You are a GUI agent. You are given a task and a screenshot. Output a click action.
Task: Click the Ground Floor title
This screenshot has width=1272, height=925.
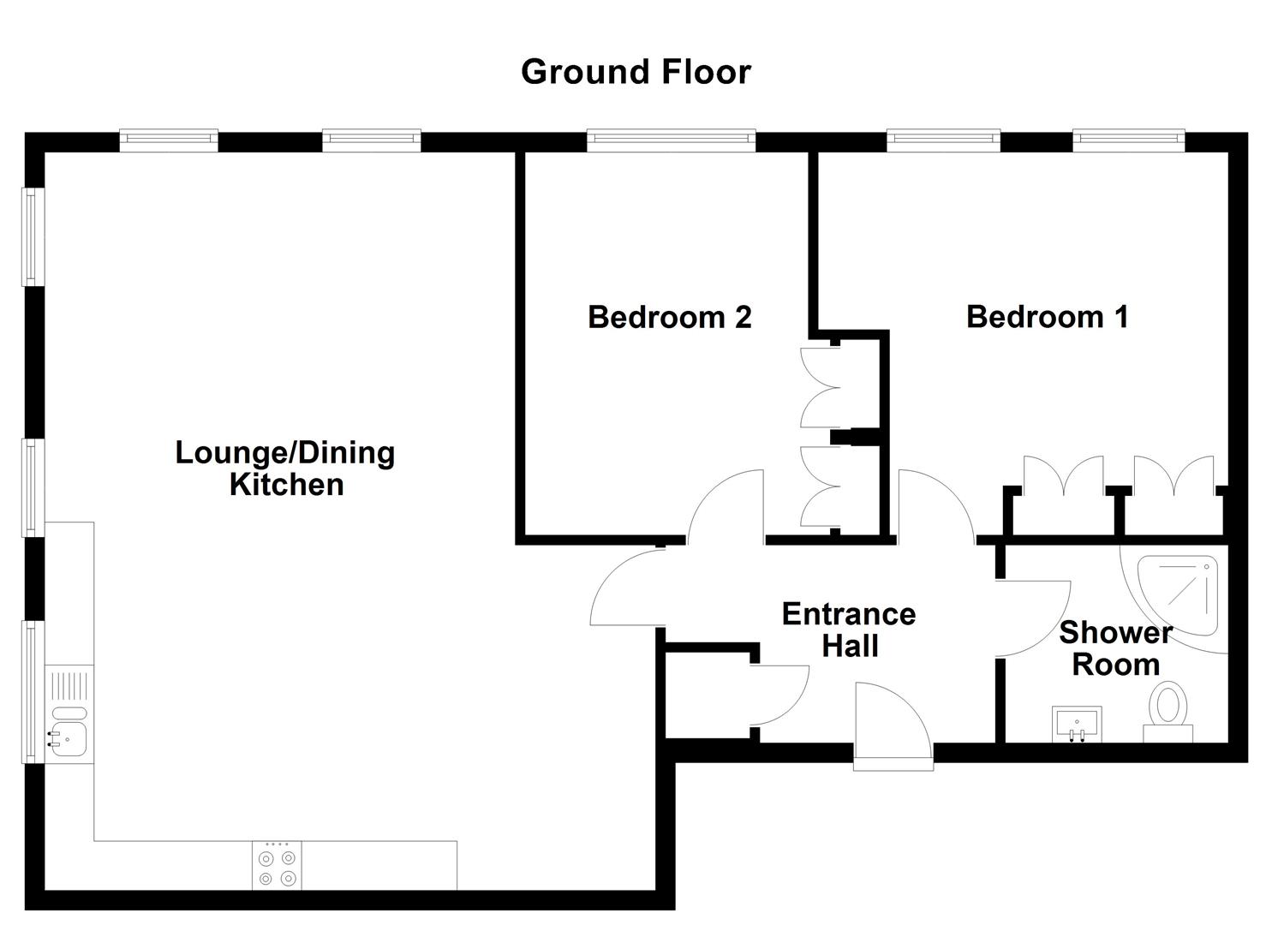point(636,72)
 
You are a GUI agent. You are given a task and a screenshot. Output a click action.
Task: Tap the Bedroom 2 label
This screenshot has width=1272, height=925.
point(669,317)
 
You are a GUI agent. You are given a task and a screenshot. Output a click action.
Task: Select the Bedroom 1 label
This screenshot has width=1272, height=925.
point(1047,317)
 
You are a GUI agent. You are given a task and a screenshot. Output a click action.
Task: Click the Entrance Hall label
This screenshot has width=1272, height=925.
point(849,630)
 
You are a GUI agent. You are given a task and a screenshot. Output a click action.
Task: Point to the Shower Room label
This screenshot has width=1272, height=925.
point(1115,648)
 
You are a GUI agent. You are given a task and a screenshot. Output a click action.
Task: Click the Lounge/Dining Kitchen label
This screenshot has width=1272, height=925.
point(285,468)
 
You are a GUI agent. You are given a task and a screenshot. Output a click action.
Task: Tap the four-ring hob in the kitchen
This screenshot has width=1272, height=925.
point(277,866)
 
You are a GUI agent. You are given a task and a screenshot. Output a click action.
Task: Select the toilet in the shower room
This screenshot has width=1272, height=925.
point(1167,709)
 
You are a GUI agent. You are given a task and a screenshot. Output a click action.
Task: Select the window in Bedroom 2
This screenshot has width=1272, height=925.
point(671,140)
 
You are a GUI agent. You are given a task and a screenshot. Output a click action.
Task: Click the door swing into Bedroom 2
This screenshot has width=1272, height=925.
point(728,510)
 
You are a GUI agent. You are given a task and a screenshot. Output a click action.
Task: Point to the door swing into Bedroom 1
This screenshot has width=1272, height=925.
point(934,510)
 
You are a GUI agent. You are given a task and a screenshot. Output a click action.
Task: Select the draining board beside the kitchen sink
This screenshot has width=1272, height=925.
point(69,686)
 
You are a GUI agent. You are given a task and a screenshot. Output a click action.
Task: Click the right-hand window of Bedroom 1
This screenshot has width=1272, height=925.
point(1128,140)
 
